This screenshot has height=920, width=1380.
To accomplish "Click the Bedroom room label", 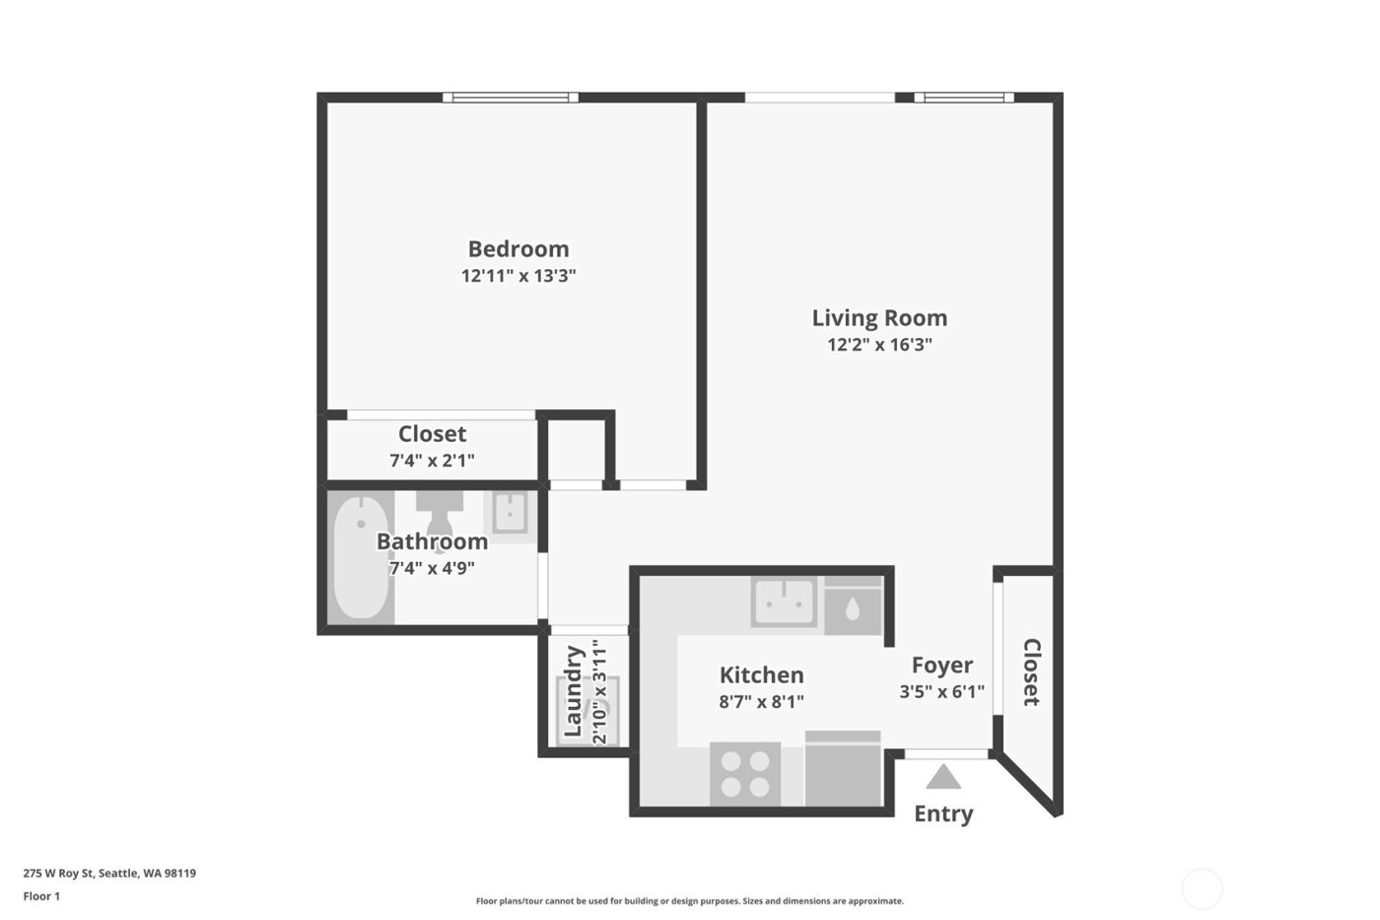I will (517, 248).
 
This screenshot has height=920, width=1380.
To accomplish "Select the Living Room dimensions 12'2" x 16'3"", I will (879, 345).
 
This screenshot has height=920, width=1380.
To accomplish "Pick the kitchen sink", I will (784, 601).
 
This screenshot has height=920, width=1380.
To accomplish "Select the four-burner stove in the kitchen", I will (745, 774).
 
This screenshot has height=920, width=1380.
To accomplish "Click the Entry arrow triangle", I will (943, 777).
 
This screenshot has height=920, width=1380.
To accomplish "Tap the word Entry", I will (943, 814).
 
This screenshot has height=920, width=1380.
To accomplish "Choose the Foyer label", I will (941, 665).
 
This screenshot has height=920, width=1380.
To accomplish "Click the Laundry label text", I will (573, 691).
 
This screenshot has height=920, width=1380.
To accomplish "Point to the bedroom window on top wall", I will (510, 98).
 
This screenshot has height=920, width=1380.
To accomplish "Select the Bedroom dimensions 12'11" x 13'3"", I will (517, 276).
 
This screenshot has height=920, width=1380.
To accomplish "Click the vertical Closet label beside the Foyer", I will (1031, 672).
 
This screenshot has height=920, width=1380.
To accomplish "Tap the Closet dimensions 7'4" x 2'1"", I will (432, 460).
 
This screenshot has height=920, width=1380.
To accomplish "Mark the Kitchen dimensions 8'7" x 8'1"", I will (761, 702).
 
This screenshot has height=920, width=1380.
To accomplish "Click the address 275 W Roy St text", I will (109, 873).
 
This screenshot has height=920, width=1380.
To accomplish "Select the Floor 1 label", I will (41, 896).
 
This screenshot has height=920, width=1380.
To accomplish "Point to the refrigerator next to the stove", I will (843, 769).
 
